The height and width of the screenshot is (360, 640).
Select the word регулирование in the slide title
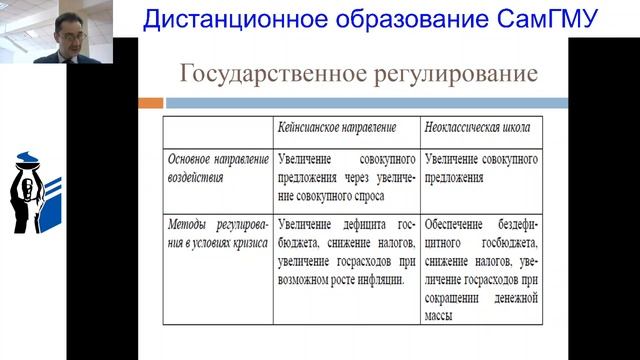point(443,74)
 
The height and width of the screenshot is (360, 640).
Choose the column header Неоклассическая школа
point(477,129)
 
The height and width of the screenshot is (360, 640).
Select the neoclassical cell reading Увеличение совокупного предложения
point(481,168)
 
